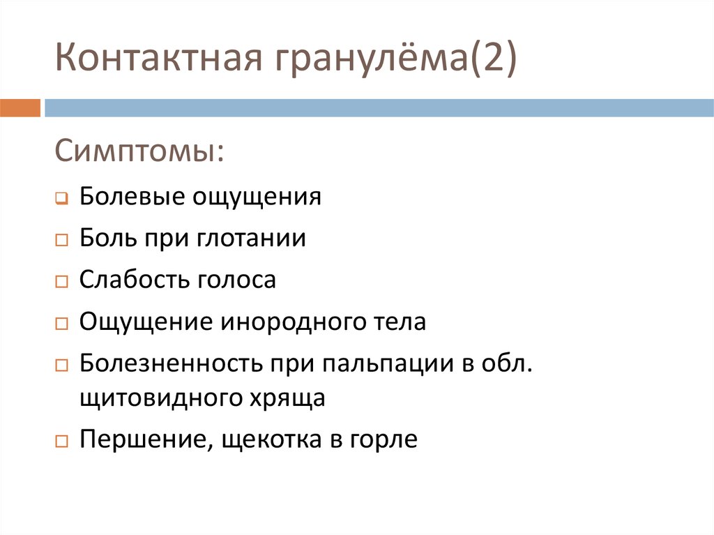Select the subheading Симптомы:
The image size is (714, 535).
139,151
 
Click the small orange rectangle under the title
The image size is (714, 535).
20,108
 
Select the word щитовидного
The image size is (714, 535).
158,398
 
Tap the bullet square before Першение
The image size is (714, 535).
61,442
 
